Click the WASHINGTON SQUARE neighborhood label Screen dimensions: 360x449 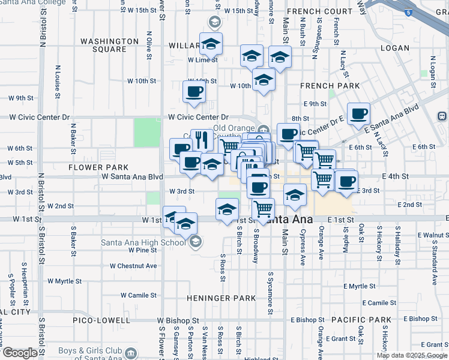[x=110, y=45]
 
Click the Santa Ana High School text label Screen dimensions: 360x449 [x=143, y=242]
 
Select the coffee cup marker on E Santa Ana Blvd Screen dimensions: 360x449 [x=358, y=113]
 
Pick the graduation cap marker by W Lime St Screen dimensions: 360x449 [x=211, y=44]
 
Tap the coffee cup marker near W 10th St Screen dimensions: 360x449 [x=194, y=92]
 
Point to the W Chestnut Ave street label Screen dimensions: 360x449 [x=133, y=266]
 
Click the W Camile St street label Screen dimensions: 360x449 [x=139, y=295]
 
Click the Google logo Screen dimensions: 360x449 [x=20, y=353]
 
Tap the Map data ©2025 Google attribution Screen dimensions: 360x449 [x=411, y=355]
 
